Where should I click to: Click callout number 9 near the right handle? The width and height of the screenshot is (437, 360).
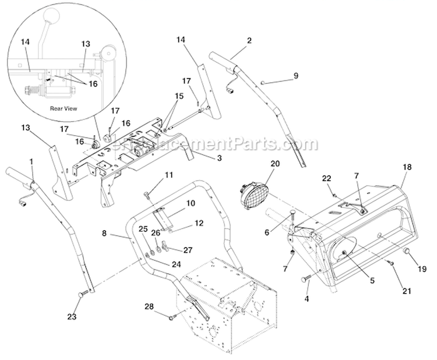click(295, 76)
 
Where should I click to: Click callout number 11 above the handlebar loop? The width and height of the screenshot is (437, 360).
click(168, 175)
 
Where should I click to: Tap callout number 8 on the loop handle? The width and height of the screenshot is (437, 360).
click(104, 232)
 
